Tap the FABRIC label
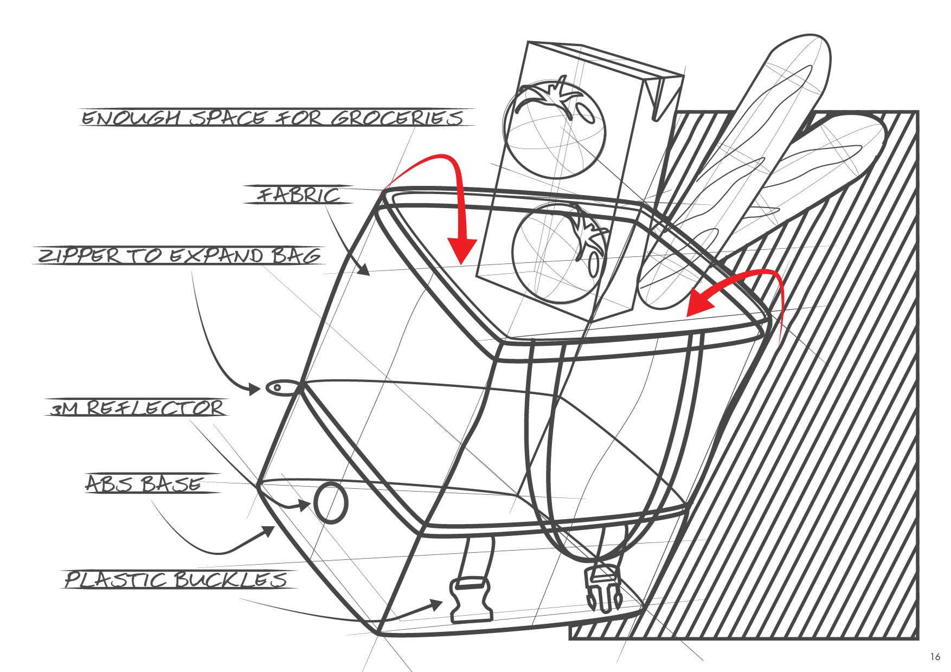(x=299, y=195)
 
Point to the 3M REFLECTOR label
(x=136, y=408)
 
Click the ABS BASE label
(x=144, y=483)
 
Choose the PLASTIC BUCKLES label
(x=176, y=579)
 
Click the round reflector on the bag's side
(x=331, y=502)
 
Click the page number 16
(x=935, y=657)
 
